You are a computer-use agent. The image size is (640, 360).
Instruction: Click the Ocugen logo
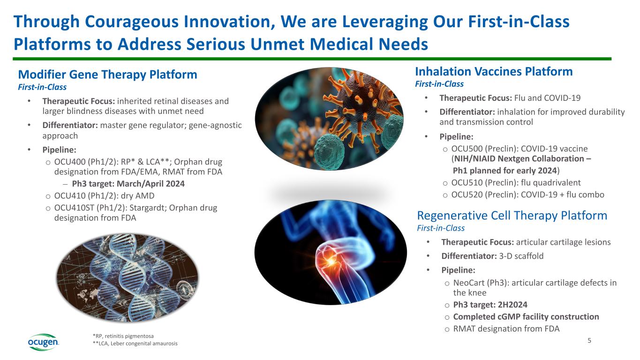point(44,342)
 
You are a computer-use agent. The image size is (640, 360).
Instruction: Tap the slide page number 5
point(589,340)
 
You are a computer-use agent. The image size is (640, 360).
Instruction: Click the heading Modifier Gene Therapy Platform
point(107,75)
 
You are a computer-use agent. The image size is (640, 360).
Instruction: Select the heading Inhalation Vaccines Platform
point(494,71)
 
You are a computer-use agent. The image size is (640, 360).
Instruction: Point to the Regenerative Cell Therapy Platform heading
point(512,216)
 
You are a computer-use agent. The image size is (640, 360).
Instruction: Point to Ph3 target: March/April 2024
point(128,184)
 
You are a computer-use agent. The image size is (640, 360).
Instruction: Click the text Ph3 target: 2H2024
point(490,305)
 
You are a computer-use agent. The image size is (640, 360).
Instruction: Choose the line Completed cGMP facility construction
point(526,316)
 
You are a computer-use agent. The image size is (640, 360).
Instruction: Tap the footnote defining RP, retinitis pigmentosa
point(123,336)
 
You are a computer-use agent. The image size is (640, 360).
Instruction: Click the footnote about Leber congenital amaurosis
point(135,344)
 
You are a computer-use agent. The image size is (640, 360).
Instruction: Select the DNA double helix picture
point(128,278)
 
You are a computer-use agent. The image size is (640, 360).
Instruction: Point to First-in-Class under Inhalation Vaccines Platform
point(439,84)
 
